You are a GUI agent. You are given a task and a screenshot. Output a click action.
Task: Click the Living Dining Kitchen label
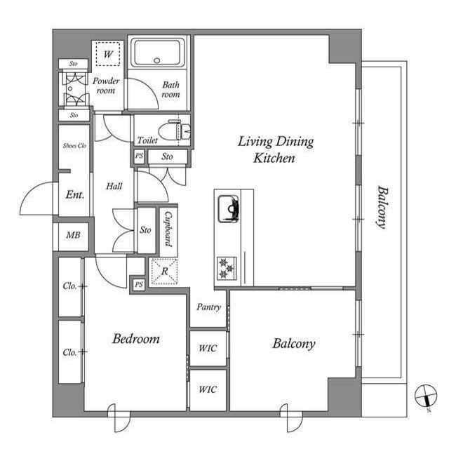(x=275, y=150)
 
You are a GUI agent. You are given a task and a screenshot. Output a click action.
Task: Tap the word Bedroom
(x=136, y=339)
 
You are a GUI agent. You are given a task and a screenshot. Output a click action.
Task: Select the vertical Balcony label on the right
(x=382, y=207)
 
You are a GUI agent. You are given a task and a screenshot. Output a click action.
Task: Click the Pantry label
(x=208, y=307)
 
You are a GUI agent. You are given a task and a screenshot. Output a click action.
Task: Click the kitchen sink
(x=229, y=207)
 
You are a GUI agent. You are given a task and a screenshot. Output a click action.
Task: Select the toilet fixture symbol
(x=173, y=130)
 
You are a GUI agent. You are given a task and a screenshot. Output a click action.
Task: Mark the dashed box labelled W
(x=108, y=54)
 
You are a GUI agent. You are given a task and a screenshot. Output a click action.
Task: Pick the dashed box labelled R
(x=163, y=271)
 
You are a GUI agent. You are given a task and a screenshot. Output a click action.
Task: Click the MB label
(x=72, y=235)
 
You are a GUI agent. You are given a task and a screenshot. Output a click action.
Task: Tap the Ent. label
(x=75, y=195)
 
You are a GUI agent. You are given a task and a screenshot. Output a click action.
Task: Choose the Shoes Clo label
(x=74, y=146)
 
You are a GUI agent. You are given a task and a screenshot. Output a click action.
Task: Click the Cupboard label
(x=169, y=230)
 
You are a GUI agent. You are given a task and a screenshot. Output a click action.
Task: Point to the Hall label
(x=114, y=187)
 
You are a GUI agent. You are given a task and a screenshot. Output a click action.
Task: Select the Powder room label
(x=106, y=86)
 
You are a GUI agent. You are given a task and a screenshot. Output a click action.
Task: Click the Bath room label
(x=170, y=90)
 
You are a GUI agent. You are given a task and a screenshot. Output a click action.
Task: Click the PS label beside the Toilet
(x=139, y=157)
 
